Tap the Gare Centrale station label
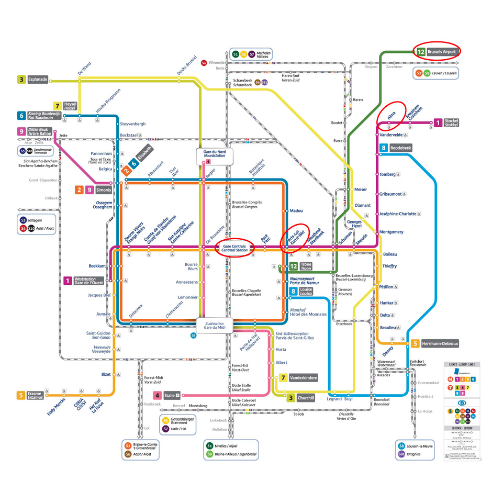click(233, 248)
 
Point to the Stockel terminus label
click(451, 123)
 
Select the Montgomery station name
click(392, 232)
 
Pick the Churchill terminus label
click(306, 398)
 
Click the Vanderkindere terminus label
click(303, 377)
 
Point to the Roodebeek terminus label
click(401, 148)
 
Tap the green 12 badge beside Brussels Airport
click(421, 52)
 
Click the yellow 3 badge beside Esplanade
click(21, 80)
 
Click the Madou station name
click(296, 210)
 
